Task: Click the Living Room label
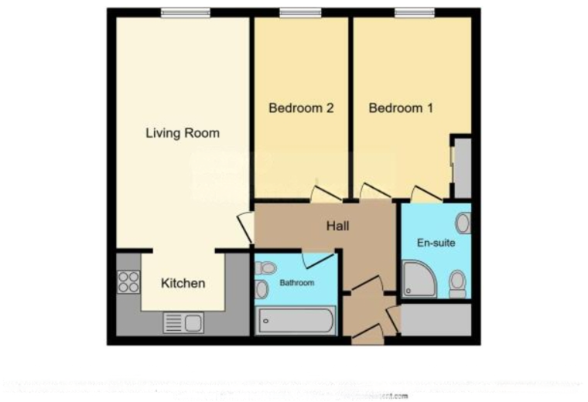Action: tap(183, 133)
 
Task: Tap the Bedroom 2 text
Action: tap(300, 108)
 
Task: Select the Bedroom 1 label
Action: tap(400, 108)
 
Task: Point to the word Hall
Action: tap(337, 227)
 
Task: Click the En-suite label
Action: tap(436, 243)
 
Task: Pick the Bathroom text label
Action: tap(297, 283)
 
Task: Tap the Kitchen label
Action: tap(183, 283)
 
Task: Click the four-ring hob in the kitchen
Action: tap(128, 281)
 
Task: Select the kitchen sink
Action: tap(183, 322)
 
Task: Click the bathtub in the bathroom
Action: tap(295, 319)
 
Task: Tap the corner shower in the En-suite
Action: tap(419, 280)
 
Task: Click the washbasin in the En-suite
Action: tap(463, 223)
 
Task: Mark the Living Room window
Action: tap(185, 12)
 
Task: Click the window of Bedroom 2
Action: tap(300, 12)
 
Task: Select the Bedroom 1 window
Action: tap(415, 12)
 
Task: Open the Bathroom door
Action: tap(317, 259)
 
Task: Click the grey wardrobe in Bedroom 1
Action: tap(462, 168)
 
